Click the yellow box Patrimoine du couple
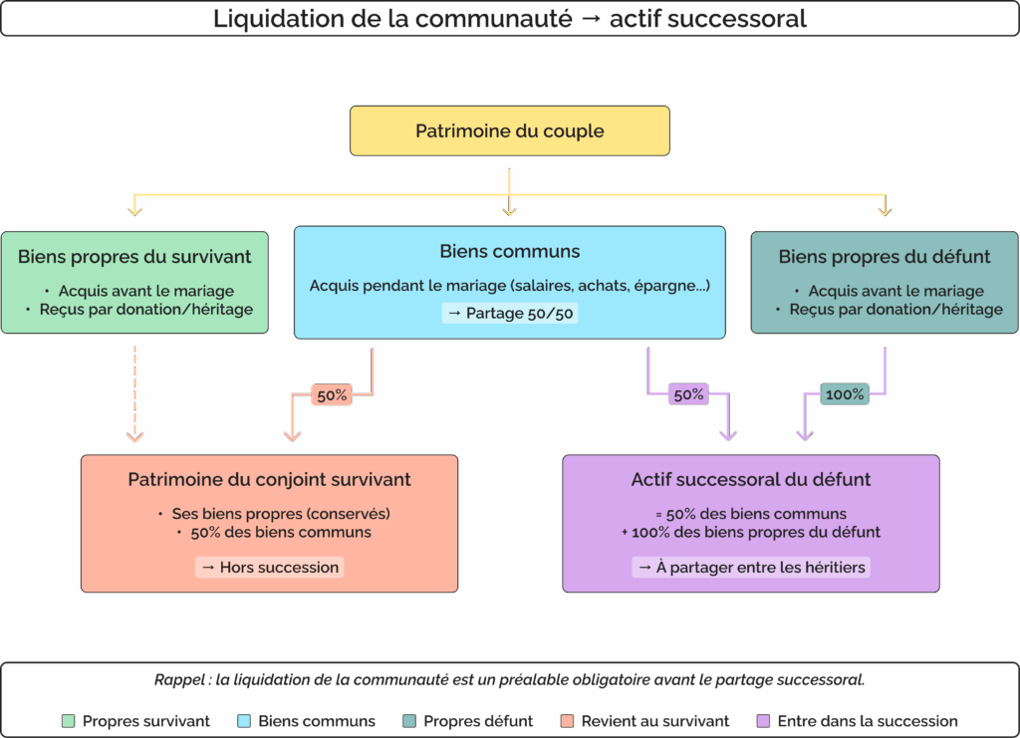point(509,130)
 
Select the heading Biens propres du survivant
point(134,257)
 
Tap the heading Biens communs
point(509,252)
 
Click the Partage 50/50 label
point(509,314)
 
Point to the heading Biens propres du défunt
point(884,257)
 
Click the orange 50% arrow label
point(332,395)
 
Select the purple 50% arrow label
point(688,394)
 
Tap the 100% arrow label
point(845,394)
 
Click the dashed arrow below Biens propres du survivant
point(135,393)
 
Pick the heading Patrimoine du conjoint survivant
point(269,480)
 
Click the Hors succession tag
point(269,568)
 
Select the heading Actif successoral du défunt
point(750,480)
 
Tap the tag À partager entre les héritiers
point(750,568)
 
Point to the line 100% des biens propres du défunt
point(755,532)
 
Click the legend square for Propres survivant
point(69,721)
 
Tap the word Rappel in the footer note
point(177,681)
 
